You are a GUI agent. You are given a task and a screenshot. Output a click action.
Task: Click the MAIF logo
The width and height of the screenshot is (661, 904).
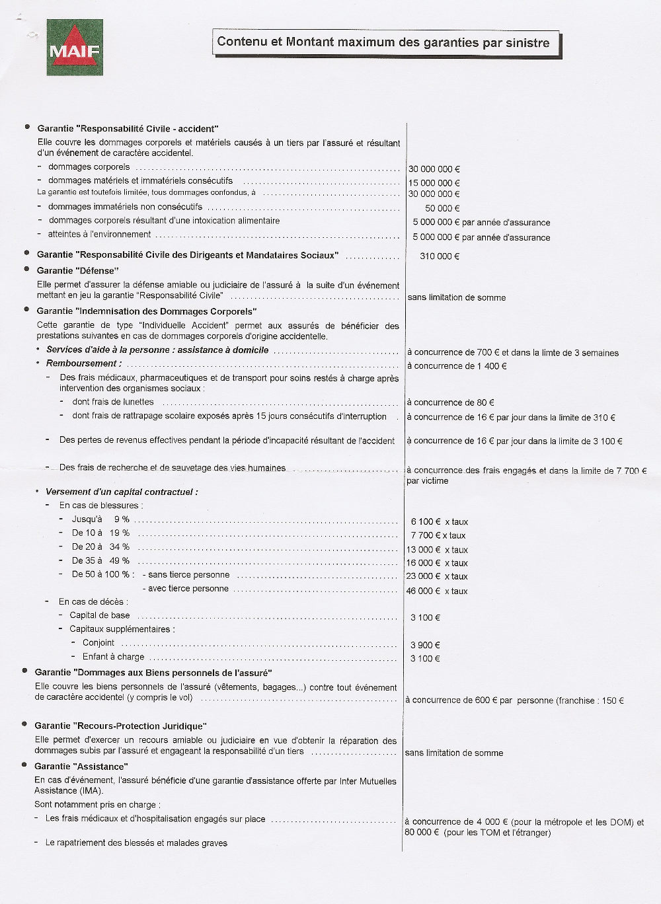[74, 48]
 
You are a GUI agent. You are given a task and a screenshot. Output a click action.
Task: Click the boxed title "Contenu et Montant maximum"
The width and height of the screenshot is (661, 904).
[383, 42]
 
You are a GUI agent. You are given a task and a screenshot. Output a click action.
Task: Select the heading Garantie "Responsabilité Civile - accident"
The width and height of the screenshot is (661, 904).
[128, 129]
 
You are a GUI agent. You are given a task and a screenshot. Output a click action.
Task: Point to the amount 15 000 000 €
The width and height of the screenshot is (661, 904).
[434, 183]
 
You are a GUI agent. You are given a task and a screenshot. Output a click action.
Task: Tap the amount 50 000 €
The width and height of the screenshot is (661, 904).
[442, 208]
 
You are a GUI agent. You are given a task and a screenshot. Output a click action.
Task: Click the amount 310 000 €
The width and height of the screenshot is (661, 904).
[440, 256]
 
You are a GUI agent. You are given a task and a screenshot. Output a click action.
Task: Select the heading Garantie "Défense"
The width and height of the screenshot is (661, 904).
[77, 270]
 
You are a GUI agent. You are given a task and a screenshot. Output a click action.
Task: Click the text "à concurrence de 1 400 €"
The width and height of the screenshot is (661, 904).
[457, 366]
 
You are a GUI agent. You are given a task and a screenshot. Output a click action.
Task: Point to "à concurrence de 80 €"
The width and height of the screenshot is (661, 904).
[450, 402]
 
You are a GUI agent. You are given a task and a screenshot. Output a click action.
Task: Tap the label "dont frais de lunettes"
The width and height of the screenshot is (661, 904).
[113, 402]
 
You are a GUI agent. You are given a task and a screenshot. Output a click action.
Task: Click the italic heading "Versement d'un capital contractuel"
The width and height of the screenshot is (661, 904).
[122, 492]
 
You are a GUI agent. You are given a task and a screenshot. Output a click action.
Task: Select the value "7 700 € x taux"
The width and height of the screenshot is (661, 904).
[438, 536]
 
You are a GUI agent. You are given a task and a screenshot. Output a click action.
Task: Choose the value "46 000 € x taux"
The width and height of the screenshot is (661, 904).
[437, 591]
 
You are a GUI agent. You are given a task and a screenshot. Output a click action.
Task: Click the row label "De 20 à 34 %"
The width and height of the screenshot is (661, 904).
[100, 547]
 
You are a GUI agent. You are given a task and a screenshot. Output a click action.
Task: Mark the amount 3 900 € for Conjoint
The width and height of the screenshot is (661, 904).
[425, 646]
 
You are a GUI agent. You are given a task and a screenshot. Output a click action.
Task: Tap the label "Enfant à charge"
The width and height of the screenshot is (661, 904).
[113, 657]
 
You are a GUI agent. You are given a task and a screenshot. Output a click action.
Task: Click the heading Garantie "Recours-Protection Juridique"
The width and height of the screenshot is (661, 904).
[120, 726]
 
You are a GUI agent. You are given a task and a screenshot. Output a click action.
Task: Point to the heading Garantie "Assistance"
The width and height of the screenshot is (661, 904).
[81, 767]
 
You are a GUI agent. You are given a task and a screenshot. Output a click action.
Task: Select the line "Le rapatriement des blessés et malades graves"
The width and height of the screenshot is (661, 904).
[136, 843]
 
